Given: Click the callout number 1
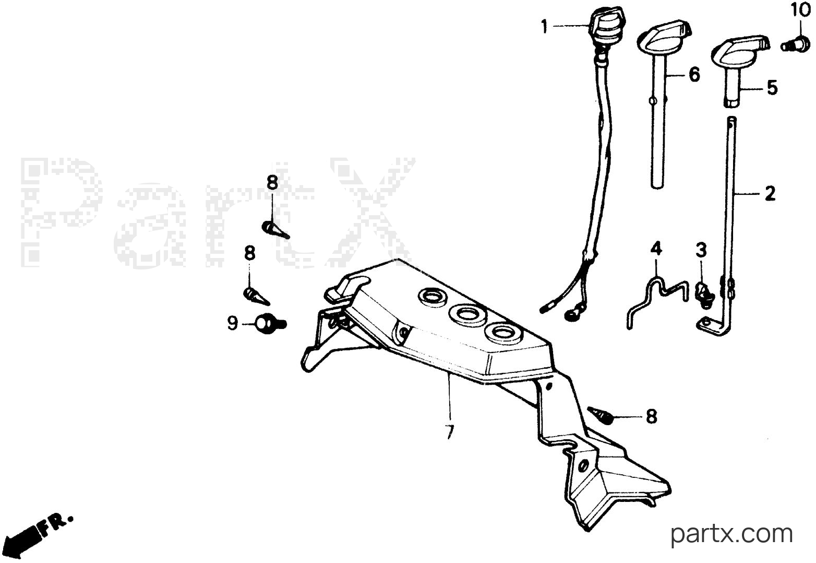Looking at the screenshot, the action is pyautogui.click(x=544, y=27).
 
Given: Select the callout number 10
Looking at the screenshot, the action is pyautogui.click(x=800, y=10).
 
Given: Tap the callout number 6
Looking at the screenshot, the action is pyautogui.click(x=694, y=75).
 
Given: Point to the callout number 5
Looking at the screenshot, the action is pyautogui.click(x=772, y=88).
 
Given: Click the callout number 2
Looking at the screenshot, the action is pyautogui.click(x=770, y=193).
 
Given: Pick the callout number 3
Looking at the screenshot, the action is pyautogui.click(x=701, y=250).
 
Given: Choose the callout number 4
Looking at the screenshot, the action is pyautogui.click(x=656, y=248).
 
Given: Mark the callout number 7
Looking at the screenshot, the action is pyautogui.click(x=450, y=432).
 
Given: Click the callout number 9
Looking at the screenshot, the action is pyautogui.click(x=232, y=323).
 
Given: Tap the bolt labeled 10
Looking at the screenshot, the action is pyautogui.click(x=796, y=45).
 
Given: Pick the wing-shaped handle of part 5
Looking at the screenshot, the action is pyautogui.click(x=740, y=51).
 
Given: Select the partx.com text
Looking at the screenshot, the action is pyautogui.click(x=731, y=534).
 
